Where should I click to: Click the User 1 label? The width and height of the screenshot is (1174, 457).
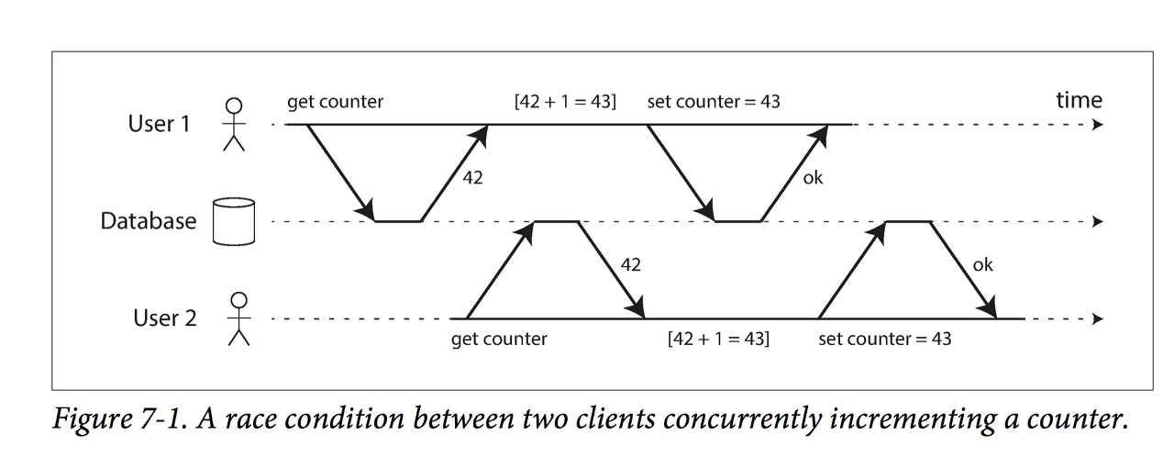pyautogui.click(x=159, y=123)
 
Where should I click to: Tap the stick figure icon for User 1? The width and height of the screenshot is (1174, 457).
pyautogui.click(x=235, y=123)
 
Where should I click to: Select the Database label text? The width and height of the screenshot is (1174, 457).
pyautogui.click(x=148, y=221)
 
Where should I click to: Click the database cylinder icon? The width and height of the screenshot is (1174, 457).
pyautogui.click(x=231, y=221)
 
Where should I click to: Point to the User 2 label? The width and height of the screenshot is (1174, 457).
pyautogui.click(x=165, y=318)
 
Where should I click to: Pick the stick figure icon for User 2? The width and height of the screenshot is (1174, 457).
pyautogui.click(x=239, y=318)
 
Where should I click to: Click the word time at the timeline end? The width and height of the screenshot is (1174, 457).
pyautogui.click(x=1079, y=100)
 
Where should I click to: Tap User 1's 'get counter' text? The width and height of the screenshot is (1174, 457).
pyautogui.click(x=335, y=102)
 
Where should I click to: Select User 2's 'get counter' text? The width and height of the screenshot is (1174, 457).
pyautogui.click(x=499, y=339)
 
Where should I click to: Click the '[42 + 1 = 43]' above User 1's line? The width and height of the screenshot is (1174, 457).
pyautogui.click(x=565, y=102)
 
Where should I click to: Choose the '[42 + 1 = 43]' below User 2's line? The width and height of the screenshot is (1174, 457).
pyautogui.click(x=718, y=339)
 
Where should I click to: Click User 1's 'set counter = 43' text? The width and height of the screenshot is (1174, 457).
pyautogui.click(x=714, y=102)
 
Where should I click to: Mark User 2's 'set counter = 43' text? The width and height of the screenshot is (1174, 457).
pyautogui.click(x=884, y=339)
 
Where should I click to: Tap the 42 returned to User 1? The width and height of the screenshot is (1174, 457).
pyautogui.click(x=473, y=179)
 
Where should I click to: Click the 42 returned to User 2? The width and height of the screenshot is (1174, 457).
pyautogui.click(x=631, y=265)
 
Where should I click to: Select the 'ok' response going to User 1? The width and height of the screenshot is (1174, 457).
pyautogui.click(x=813, y=178)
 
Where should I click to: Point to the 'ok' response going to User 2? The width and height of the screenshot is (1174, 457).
pyautogui.click(x=982, y=265)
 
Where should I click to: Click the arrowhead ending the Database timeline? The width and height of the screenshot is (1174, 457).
pyautogui.click(x=1097, y=222)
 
